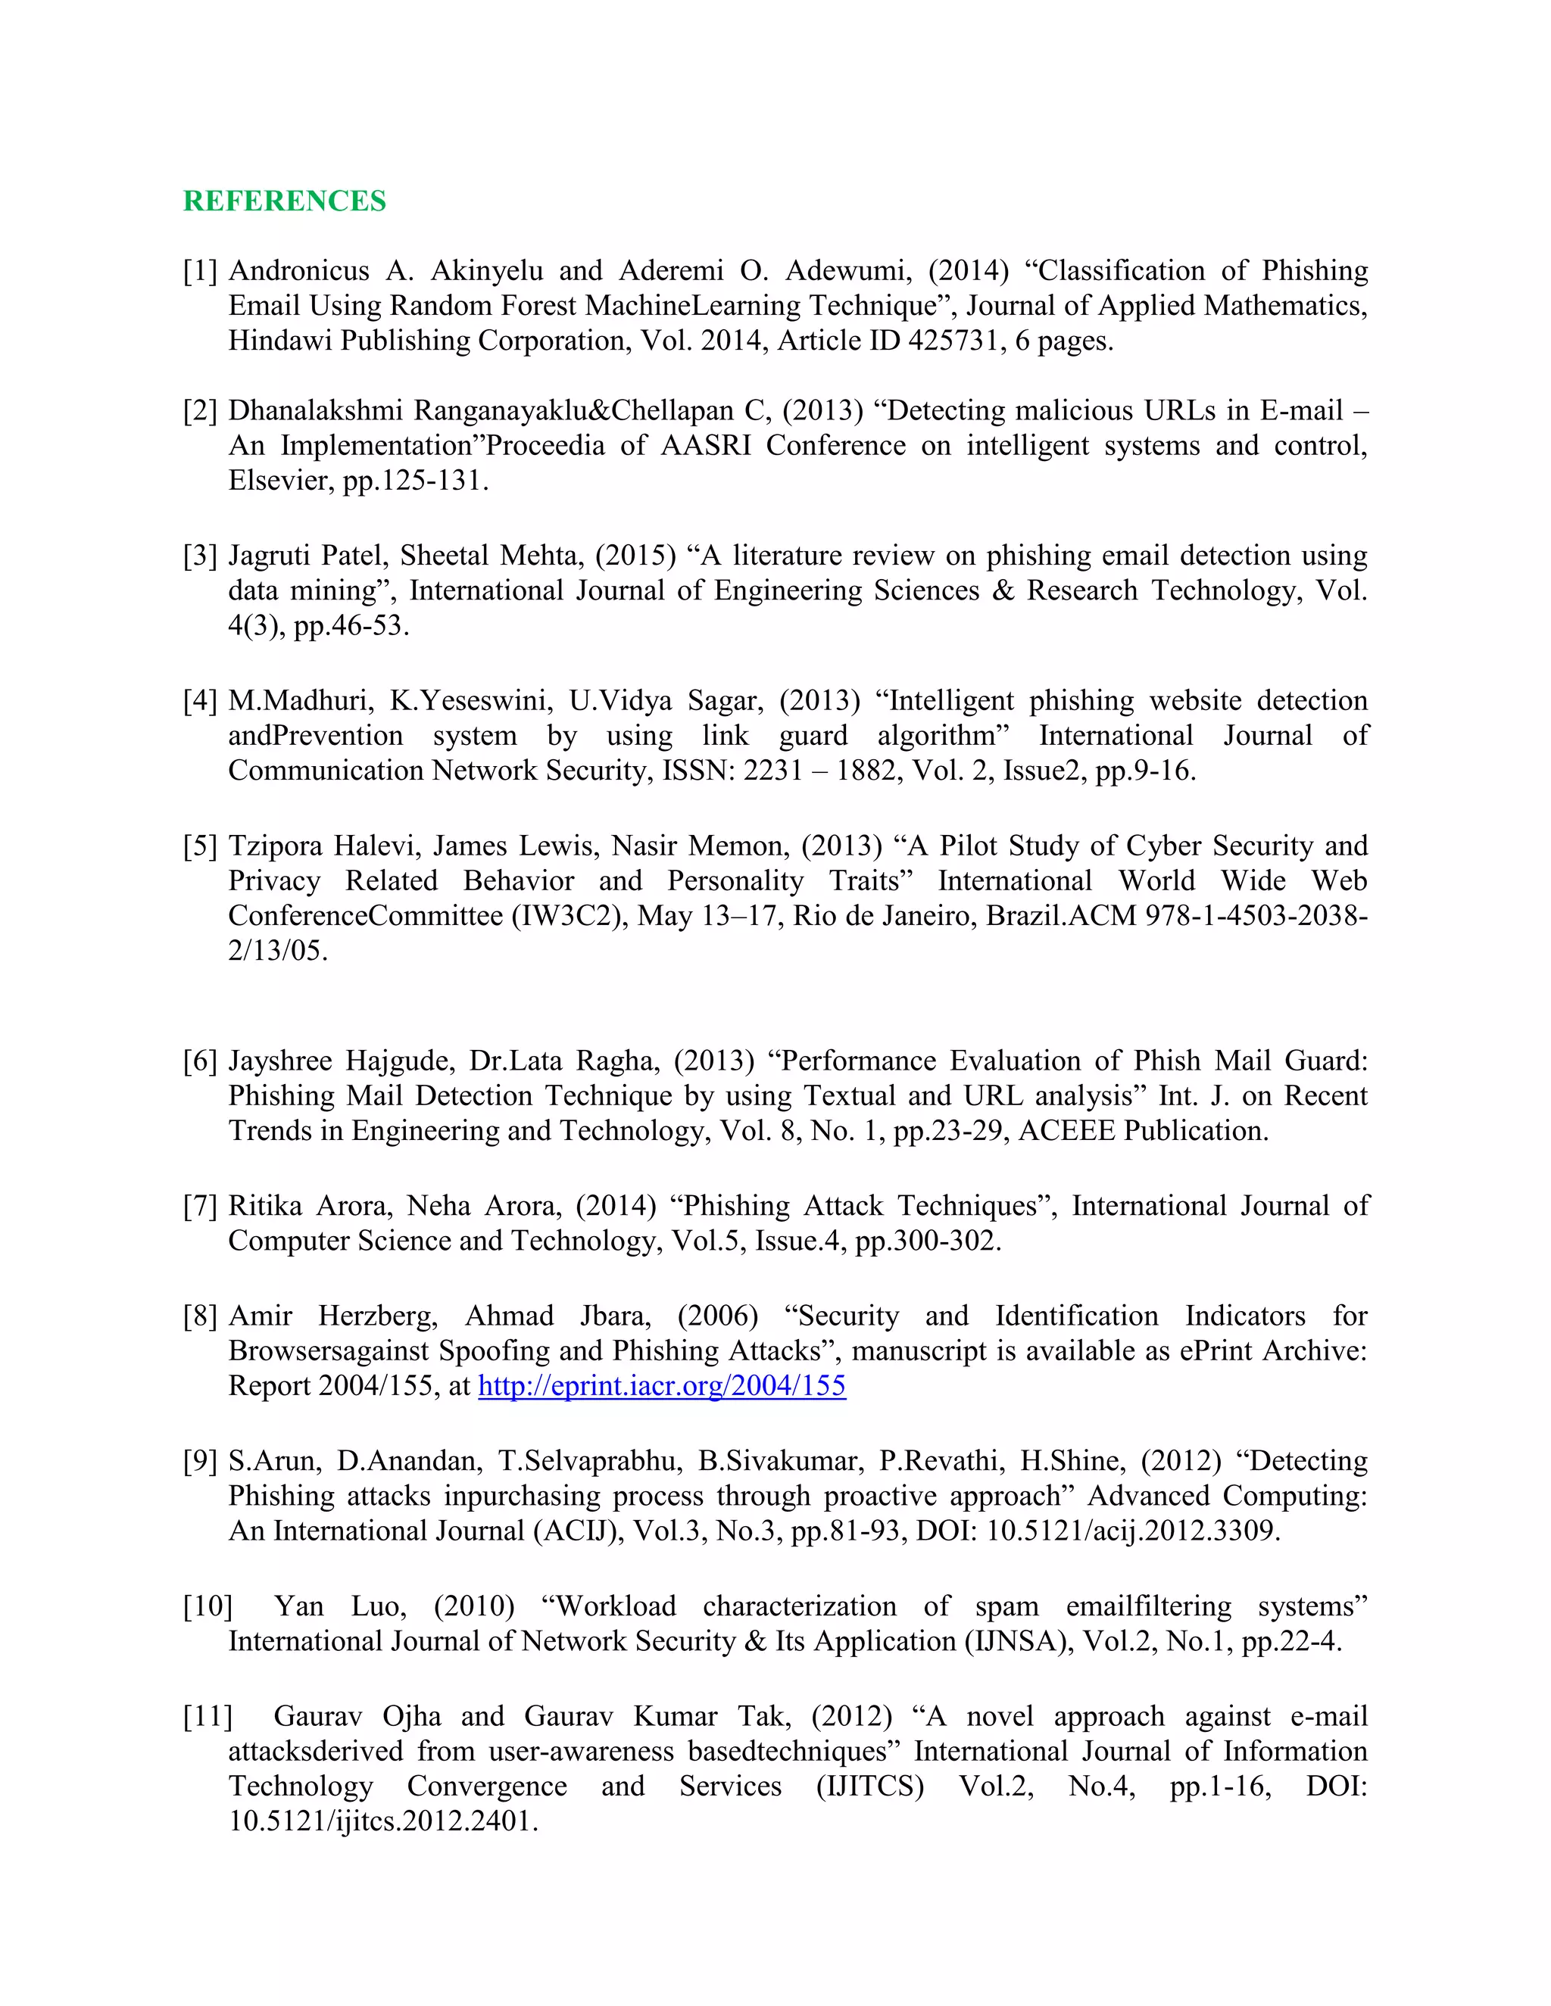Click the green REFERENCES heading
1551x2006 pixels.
point(284,201)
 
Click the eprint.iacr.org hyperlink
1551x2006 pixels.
point(662,1385)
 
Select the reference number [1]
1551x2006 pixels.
point(200,271)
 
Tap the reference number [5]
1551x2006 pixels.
point(200,846)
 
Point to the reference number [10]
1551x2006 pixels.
point(208,1606)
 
